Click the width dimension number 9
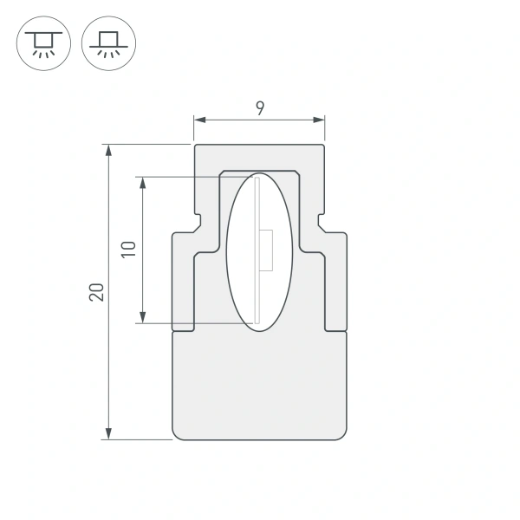[x=259, y=107]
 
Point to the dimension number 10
[x=129, y=250]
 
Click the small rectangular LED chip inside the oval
[x=267, y=250]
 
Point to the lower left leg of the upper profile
[x=184, y=286]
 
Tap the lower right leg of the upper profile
[x=335, y=286]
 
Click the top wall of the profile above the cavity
[x=260, y=157]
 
